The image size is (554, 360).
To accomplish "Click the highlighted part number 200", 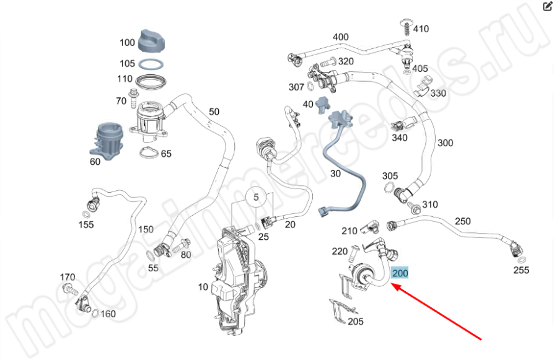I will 400,273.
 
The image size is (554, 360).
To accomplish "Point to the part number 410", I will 421,29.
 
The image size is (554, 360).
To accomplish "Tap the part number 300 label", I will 445,143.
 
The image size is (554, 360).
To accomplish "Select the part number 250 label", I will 463,221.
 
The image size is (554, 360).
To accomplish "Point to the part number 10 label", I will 203,287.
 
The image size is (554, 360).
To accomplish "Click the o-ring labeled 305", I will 389,188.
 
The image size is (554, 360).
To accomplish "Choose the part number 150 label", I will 146,229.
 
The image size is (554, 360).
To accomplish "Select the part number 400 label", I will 341,37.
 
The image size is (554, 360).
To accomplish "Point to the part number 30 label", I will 335,174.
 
